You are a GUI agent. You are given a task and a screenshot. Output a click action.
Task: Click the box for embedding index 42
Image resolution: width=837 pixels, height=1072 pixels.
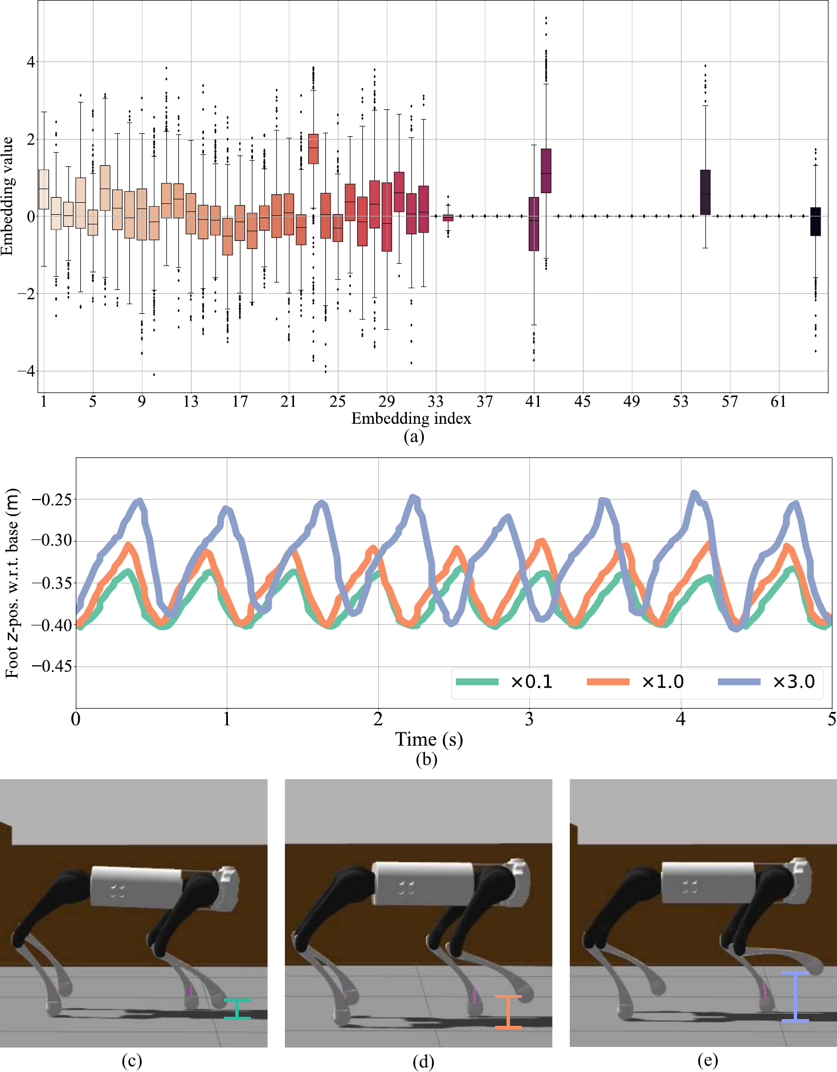546,171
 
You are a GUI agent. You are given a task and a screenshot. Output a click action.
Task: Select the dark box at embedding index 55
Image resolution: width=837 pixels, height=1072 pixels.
705,193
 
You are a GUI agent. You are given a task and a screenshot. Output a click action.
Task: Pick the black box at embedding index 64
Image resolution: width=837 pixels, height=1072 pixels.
815,222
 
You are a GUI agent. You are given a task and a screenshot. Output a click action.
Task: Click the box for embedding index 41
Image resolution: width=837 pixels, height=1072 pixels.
534,224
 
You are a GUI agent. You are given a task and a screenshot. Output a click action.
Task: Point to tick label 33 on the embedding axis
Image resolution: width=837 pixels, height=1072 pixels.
436,402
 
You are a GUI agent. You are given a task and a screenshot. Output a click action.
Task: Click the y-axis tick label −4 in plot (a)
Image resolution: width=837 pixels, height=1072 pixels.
26,371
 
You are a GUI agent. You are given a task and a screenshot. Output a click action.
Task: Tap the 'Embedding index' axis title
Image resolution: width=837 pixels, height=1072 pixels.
411,419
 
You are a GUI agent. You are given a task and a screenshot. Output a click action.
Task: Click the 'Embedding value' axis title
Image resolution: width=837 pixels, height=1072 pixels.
7,197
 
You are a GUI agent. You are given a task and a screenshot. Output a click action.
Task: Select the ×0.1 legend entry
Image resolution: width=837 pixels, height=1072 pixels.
505,682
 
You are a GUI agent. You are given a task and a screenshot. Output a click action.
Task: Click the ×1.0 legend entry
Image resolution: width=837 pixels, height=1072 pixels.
636,682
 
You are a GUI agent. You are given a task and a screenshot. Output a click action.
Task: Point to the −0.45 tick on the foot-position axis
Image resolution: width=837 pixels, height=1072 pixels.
51,666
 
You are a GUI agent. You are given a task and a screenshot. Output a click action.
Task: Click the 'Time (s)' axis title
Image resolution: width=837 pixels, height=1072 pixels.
428,739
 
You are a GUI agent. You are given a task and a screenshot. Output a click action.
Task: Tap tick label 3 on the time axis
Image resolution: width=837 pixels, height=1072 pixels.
529,720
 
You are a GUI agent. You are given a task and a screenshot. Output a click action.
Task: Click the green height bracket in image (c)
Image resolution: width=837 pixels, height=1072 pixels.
237,1009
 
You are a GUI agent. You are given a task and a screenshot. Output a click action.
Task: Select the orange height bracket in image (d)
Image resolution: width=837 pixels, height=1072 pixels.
508,1012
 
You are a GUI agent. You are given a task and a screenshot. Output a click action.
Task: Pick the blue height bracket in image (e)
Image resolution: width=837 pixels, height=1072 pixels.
795,996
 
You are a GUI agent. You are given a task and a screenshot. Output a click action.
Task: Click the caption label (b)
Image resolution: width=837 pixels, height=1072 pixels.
426,759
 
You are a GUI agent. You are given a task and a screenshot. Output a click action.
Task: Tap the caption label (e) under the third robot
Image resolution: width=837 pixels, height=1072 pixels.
707,1061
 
